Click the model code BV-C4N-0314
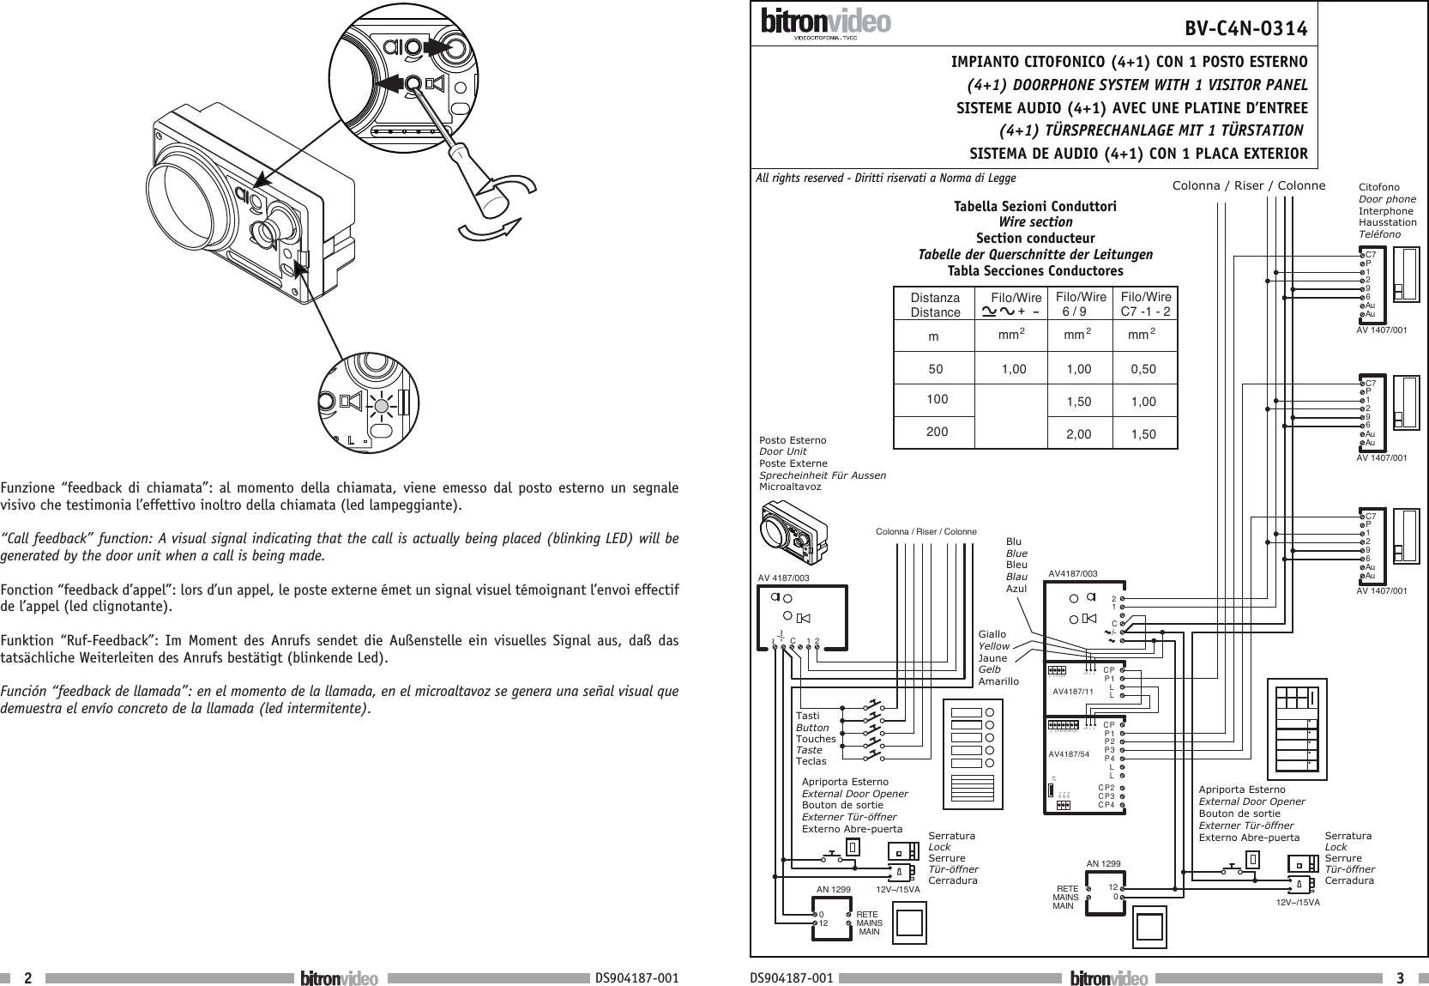click(x=1245, y=30)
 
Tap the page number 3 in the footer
click(x=1399, y=978)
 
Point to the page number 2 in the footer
click(x=28, y=978)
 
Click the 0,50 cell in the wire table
click(x=1143, y=370)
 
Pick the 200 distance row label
click(x=937, y=432)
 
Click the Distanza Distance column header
click(x=935, y=305)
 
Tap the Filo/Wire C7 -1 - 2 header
click(x=1146, y=305)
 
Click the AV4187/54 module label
click(x=1069, y=754)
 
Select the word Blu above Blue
click(x=1014, y=542)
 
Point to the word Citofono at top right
click(x=1379, y=187)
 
